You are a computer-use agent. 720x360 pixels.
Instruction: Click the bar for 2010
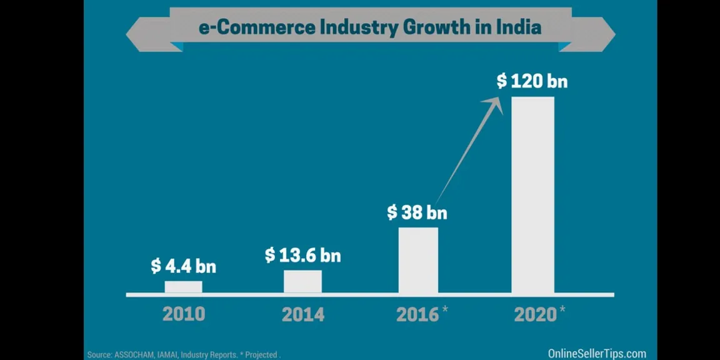[184, 287]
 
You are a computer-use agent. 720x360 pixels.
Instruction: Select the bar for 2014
[302, 281]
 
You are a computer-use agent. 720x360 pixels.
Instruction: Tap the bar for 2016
[418, 261]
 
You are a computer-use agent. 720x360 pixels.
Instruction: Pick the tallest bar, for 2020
[532, 195]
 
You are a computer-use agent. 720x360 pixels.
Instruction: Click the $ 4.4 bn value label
[183, 266]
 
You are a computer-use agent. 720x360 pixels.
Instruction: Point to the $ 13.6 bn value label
[302, 255]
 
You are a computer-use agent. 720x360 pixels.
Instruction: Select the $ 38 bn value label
[417, 212]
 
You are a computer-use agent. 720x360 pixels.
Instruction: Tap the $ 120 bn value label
[532, 81]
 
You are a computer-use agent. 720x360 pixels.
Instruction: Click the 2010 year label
[184, 314]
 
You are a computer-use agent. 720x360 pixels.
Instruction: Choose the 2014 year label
[303, 314]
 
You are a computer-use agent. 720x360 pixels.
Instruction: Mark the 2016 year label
[417, 314]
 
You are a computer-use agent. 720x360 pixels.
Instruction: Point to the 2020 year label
[535, 314]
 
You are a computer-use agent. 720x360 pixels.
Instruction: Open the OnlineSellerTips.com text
[597, 354]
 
